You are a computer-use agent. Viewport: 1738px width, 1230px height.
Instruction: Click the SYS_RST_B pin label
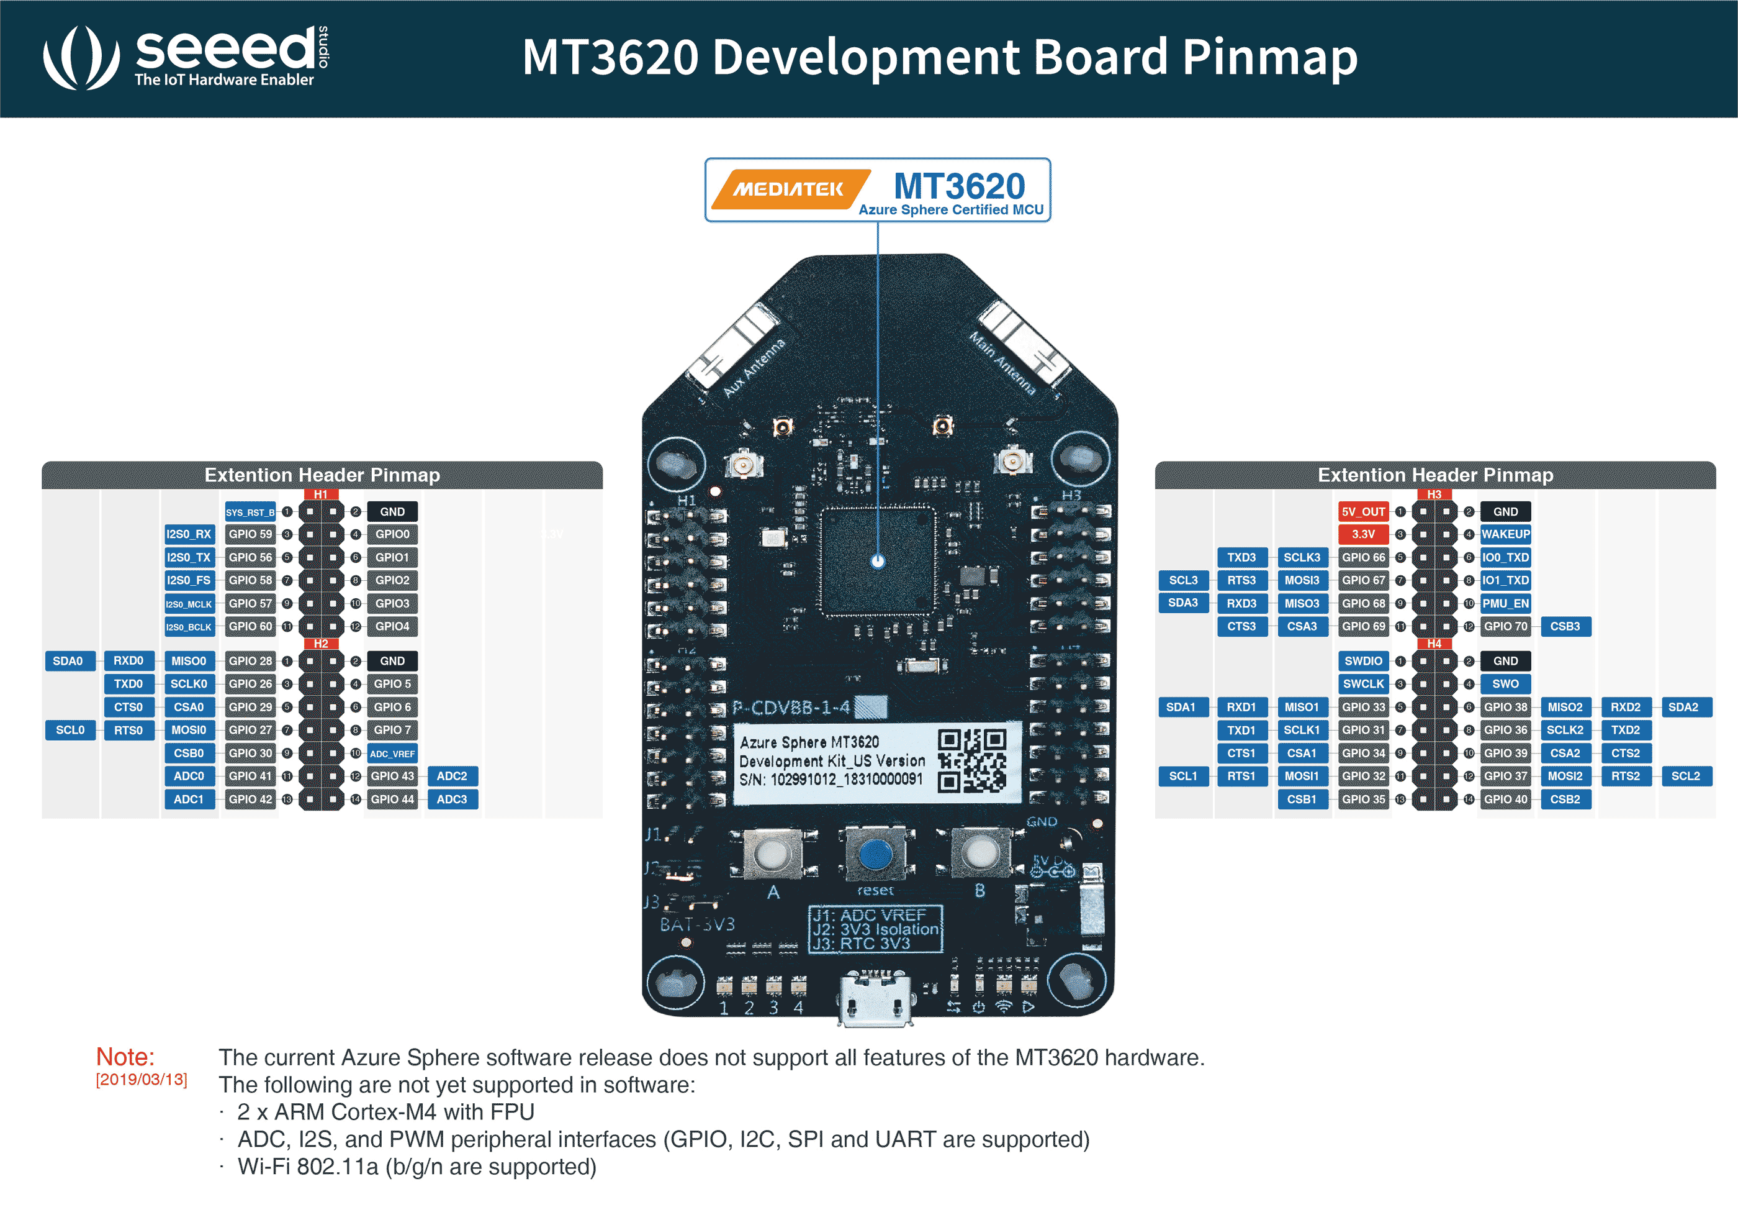click(250, 512)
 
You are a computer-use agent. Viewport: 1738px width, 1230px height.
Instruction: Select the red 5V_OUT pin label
click(1362, 512)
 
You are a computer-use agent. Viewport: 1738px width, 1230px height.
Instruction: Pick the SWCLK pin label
click(1362, 684)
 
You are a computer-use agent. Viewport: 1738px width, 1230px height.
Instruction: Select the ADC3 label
click(452, 799)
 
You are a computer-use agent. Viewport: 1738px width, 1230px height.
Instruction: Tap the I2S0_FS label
click(189, 580)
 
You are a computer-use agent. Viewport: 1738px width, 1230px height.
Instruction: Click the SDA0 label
click(68, 661)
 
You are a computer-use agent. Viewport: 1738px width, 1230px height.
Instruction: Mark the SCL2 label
click(1685, 777)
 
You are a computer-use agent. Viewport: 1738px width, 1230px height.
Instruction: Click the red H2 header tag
click(321, 644)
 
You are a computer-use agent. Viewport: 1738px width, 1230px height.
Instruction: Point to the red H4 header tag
click(1434, 644)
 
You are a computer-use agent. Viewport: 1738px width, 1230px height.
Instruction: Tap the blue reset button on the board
click(875, 855)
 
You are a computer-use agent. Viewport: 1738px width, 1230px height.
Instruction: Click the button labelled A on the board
click(772, 854)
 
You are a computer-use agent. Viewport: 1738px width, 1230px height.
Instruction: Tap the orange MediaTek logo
click(789, 189)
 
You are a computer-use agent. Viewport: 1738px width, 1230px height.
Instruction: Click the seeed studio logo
click(186, 57)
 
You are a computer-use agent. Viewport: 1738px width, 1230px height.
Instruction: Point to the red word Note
click(125, 1057)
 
